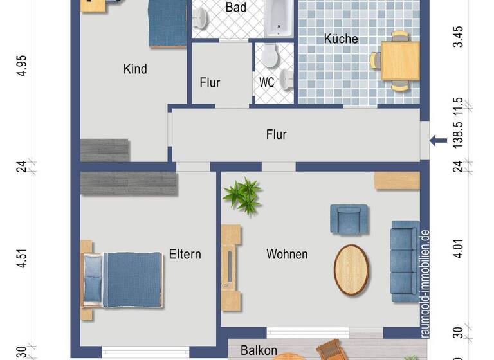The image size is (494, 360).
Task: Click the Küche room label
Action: click(341, 39)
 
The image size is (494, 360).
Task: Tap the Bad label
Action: click(235, 8)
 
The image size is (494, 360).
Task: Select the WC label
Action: click(267, 82)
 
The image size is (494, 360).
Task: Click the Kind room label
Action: click(135, 69)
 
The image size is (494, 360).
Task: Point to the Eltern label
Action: click(185, 254)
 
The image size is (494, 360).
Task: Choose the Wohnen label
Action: click(287, 254)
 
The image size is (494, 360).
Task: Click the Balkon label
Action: click(259, 351)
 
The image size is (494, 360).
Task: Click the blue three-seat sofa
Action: click(405, 261)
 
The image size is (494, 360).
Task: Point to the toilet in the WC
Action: click(269, 56)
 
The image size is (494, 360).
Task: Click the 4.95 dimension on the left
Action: click(23, 66)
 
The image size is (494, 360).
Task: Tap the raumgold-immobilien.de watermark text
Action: click(425, 283)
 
